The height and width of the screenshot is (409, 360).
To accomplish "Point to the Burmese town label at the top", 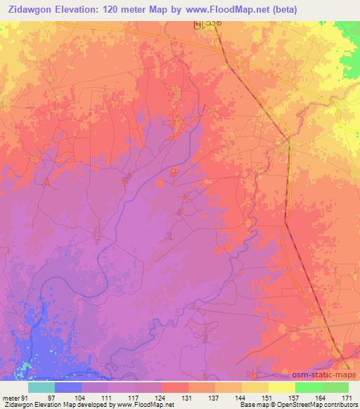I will [205, 26].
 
